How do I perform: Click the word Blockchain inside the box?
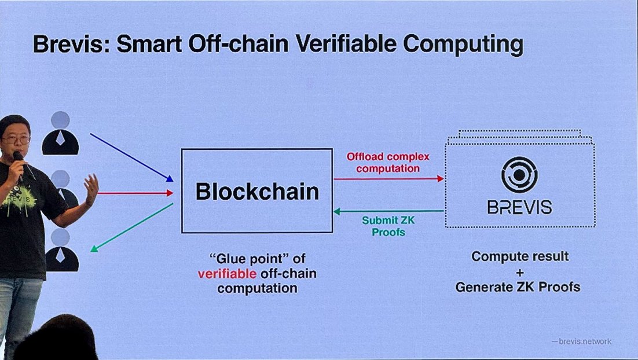(257, 192)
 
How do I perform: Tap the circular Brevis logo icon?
(519, 174)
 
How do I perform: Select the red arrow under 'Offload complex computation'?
(388, 179)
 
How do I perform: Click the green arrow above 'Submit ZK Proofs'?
(388, 211)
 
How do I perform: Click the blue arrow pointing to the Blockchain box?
(132, 157)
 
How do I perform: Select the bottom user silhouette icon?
(61, 250)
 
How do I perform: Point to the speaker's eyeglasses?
(16, 139)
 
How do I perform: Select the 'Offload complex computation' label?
(388, 162)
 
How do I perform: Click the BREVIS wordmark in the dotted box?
(519, 207)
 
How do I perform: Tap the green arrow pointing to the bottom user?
(132, 227)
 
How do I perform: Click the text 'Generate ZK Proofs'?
(517, 286)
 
